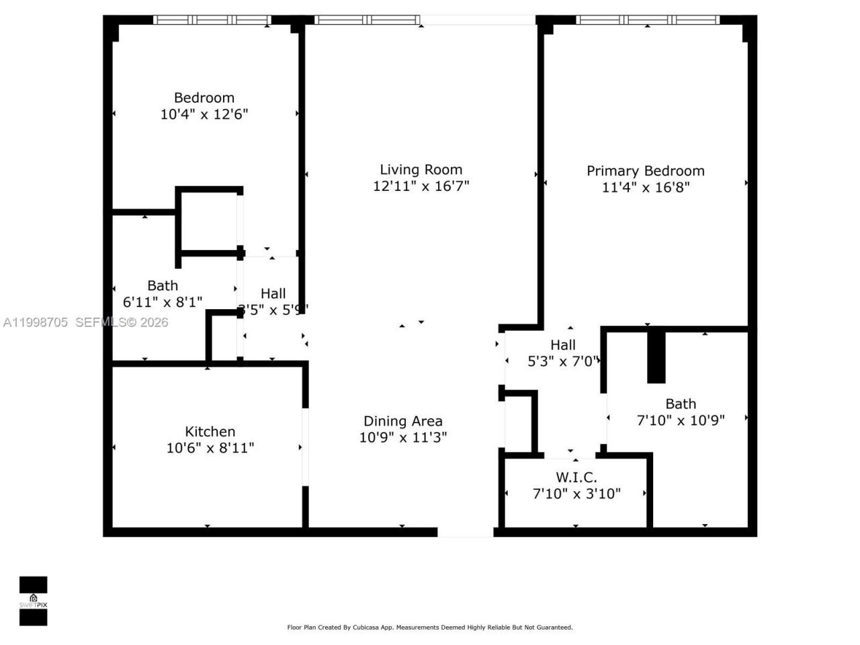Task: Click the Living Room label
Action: coord(421,170)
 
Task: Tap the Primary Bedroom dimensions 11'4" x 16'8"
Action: coord(645,187)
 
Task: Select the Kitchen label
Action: coord(210,431)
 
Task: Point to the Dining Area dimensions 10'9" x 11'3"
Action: coord(402,437)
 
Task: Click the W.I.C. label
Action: coord(576,478)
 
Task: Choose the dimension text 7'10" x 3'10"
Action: coord(576,494)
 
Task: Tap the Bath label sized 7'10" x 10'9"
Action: coord(680,404)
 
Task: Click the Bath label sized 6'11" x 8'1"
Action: coord(163,286)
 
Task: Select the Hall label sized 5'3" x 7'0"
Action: coord(562,345)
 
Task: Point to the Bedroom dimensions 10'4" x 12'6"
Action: coord(204,114)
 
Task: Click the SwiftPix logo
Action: coord(33,600)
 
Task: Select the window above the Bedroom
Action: coord(212,20)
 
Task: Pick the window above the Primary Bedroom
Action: coord(648,20)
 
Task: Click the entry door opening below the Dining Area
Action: coord(465,532)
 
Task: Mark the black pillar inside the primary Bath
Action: coord(656,356)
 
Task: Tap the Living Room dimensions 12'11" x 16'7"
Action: coord(421,186)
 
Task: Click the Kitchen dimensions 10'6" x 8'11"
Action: coord(210,447)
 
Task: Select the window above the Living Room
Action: coord(368,20)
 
